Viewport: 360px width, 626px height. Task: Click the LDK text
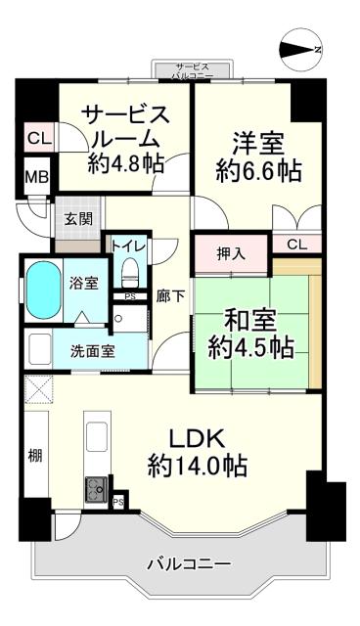[196, 436]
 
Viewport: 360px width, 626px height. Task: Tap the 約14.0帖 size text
[196, 464]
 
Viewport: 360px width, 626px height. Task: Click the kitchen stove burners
[98, 486]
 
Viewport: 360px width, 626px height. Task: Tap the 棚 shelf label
[35, 456]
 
